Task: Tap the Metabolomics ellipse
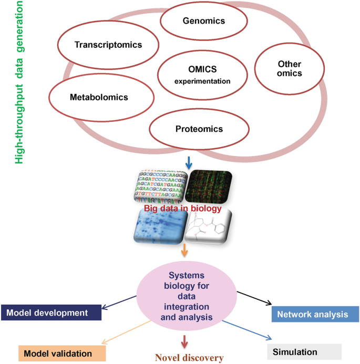click(99, 97)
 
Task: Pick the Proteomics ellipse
click(199, 129)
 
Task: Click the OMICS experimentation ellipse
click(202, 76)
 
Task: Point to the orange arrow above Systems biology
click(184, 252)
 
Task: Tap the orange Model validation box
click(58, 353)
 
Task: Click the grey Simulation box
click(304, 351)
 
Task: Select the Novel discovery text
click(189, 358)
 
